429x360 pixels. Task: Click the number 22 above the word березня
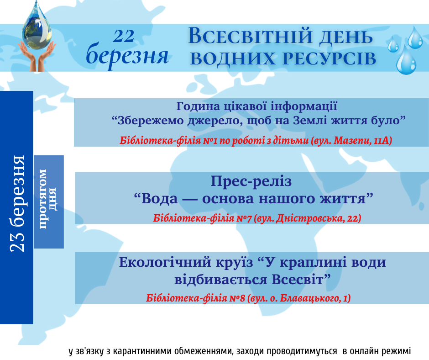tap(124, 36)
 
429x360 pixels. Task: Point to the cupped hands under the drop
tap(37, 57)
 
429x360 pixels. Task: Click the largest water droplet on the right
tap(406, 60)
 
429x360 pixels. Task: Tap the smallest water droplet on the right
tap(393, 44)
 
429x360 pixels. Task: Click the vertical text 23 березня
tap(17, 204)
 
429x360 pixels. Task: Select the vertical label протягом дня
tap(48, 199)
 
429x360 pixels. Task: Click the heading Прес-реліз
tap(251, 181)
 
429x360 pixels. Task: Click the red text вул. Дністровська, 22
tap(309, 218)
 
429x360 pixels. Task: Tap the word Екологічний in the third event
tap(165, 263)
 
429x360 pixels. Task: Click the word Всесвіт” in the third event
tap(302, 280)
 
